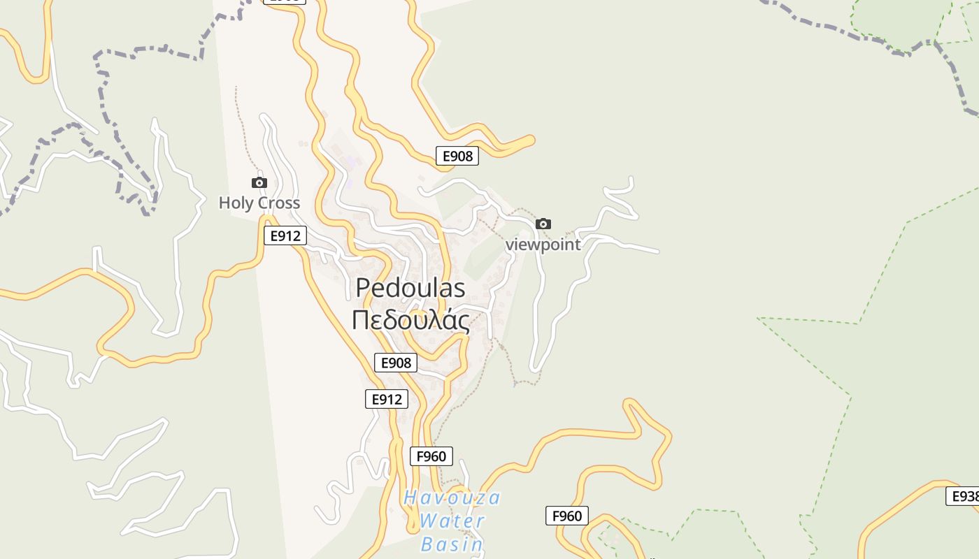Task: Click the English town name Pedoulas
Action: click(410, 287)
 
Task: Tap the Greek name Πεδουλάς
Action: click(410, 320)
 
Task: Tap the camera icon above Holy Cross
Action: click(259, 183)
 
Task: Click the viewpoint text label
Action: click(543, 245)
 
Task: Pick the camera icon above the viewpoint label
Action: click(543, 224)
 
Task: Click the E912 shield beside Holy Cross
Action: click(285, 236)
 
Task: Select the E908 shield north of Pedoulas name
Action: click(457, 157)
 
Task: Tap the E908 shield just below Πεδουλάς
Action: click(396, 363)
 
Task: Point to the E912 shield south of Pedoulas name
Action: click(386, 399)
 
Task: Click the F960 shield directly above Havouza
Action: click(431, 456)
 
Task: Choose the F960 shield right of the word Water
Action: click(566, 516)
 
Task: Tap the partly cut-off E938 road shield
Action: click(964, 496)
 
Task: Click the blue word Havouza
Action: click(452, 498)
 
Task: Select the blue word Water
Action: click(452, 521)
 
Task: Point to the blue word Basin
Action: click(452, 544)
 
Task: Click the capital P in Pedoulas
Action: click(363, 287)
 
